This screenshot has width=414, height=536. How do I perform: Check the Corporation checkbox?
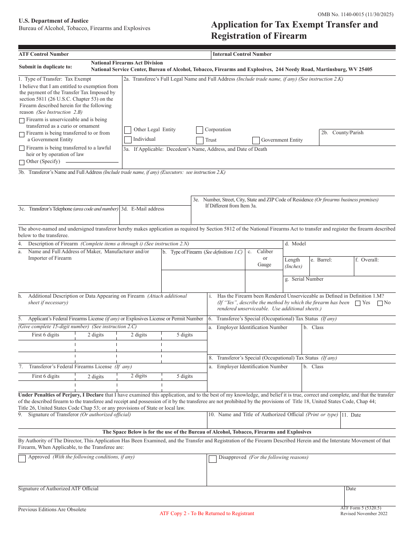point(200,130)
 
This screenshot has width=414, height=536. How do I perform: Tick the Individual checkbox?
point(128,140)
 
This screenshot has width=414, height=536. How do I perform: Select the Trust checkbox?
point(200,140)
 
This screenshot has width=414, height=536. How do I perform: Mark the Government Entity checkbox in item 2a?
point(256,140)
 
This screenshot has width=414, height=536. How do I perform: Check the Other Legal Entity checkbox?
point(128,130)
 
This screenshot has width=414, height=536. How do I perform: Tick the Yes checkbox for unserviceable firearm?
point(358,303)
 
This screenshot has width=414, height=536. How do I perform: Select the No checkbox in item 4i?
point(380,303)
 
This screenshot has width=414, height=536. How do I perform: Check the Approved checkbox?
point(22,458)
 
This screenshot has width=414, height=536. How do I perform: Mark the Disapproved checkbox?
point(212,458)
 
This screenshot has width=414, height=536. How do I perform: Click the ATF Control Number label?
point(44,54)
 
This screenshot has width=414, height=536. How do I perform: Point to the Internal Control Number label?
point(242,54)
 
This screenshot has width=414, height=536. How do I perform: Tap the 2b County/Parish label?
point(342,132)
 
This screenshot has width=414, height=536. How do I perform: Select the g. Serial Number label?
point(304,279)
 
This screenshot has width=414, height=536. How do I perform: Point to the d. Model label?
point(295,244)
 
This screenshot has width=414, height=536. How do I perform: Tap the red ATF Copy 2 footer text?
point(207,513)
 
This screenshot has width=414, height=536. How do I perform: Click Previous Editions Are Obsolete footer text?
point(52,509)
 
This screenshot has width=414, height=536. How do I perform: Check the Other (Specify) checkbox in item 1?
point(22,163)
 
